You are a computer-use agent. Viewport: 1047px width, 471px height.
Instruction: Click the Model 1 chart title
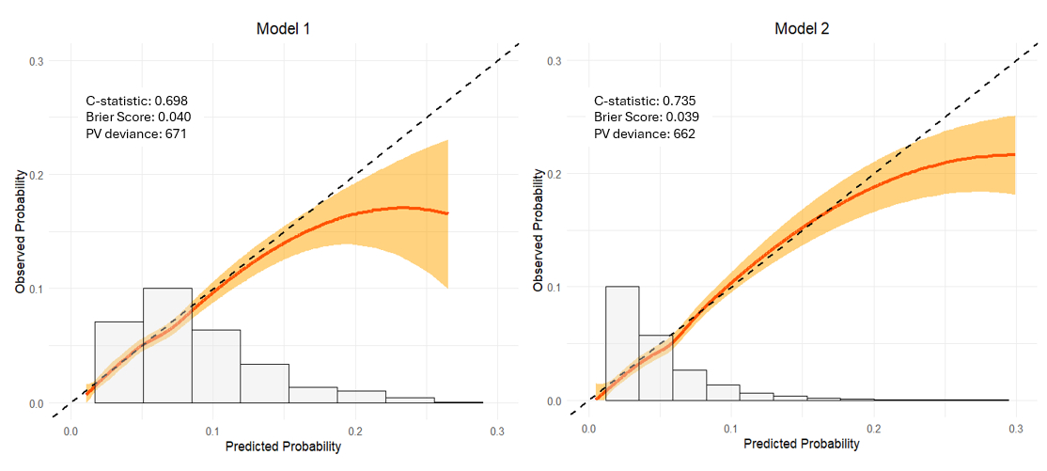pyautogui.click(x=283, y=28)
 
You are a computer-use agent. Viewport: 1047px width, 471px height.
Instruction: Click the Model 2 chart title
pyautogui.click(x=802, y=28)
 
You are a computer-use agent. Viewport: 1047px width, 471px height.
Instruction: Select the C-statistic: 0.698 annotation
pyautogui.click(x=137, y=100)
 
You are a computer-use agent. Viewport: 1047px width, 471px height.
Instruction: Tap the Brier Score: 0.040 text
pyautogui.click(x=138, y=117)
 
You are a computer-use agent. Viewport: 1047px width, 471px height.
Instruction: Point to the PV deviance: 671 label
pyautogui.click(x=133, y=133)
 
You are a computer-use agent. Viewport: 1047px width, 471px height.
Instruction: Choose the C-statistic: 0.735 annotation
pyautogui.click(x=645, y=100)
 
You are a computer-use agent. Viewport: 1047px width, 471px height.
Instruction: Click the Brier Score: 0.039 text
pyautogui.click(x=646, y=117)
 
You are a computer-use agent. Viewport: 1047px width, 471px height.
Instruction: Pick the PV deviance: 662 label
pyautogui.click(x=640, y=133)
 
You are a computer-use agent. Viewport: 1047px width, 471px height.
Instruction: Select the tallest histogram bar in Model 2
pyautogui.click(x=622, y=343)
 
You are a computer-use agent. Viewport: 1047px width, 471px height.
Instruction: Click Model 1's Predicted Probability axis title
pyautogui.click(x=283, y=447)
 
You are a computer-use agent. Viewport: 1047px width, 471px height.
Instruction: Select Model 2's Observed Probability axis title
pyautogui.click(x=539, y=230)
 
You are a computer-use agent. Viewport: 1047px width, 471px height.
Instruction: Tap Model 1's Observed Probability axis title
pyautogui.click(x=20, y=232)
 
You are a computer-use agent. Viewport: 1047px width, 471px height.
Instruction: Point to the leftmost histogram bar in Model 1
pyautogui.click(x=119, y=362)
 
